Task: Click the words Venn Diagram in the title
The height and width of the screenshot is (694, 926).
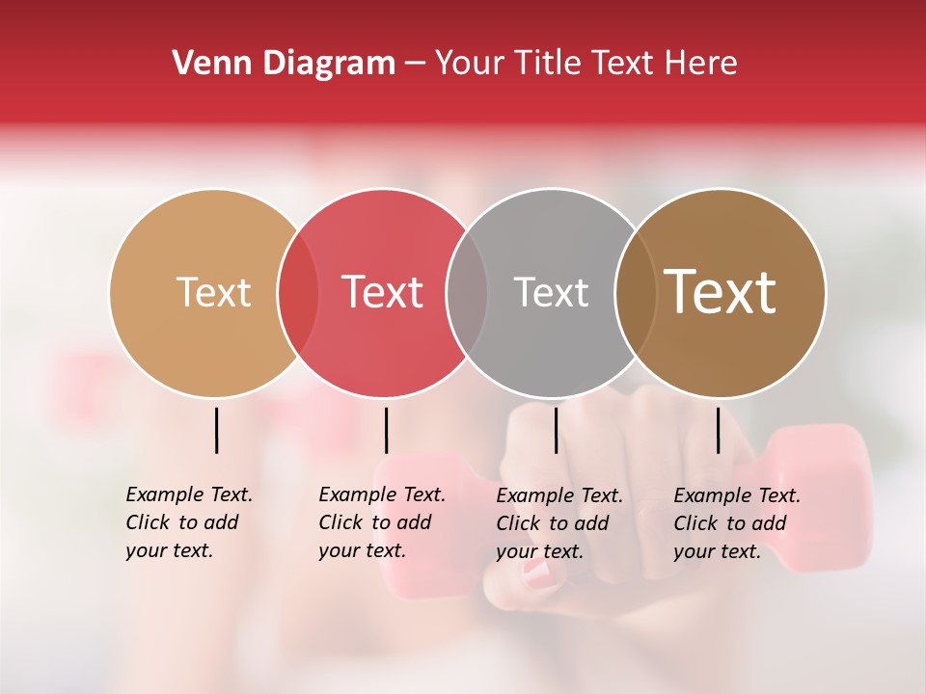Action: (x=284, y=64)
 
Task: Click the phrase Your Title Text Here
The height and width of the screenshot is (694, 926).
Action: (x=586, y=64)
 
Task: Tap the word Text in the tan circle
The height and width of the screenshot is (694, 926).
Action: (x=213, y=292)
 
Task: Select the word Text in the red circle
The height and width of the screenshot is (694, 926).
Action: (x=382, y=292)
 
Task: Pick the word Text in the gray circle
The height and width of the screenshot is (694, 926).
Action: (x=551, y=292)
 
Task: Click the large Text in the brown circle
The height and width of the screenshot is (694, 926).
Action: (x=721, y=292)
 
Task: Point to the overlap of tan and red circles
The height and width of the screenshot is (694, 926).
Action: (x=298, y=293)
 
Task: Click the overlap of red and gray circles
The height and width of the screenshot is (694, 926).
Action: (x=467, y=293)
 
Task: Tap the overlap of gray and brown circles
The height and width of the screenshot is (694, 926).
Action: (x=636, y=293)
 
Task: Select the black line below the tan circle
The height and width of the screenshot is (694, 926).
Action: (x=217, y=430)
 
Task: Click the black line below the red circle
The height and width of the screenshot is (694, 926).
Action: (x=386, y=430)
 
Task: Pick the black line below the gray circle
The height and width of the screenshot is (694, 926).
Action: (x=556, y=430)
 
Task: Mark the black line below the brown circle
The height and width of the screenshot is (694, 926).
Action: (x=718, y=430)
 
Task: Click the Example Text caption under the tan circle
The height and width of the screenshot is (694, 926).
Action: (x=188, y=522)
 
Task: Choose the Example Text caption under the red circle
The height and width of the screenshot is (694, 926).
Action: (x=381, y=522)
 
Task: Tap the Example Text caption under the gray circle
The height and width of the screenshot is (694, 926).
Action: (x=558, y=523)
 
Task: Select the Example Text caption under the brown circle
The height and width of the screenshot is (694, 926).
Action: (x=736, y=523)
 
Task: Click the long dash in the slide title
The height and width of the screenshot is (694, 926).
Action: (x=415, y=65)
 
